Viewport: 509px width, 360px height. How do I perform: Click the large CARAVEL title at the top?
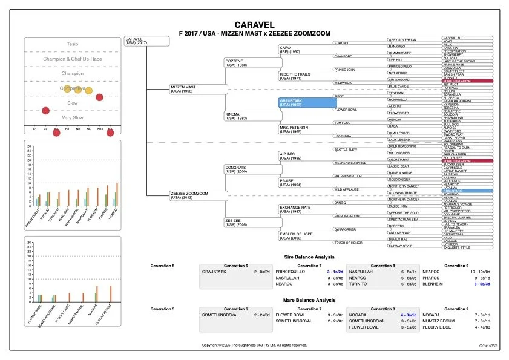(x=254, y=25)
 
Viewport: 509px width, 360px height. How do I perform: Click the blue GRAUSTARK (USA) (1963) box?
(x=307, y=103)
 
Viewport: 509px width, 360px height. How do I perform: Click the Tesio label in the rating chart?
(x=72, y=44)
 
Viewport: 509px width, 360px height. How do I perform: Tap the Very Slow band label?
(x=72, y=118)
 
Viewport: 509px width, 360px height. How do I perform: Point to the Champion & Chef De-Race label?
(x=72, y=59)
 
